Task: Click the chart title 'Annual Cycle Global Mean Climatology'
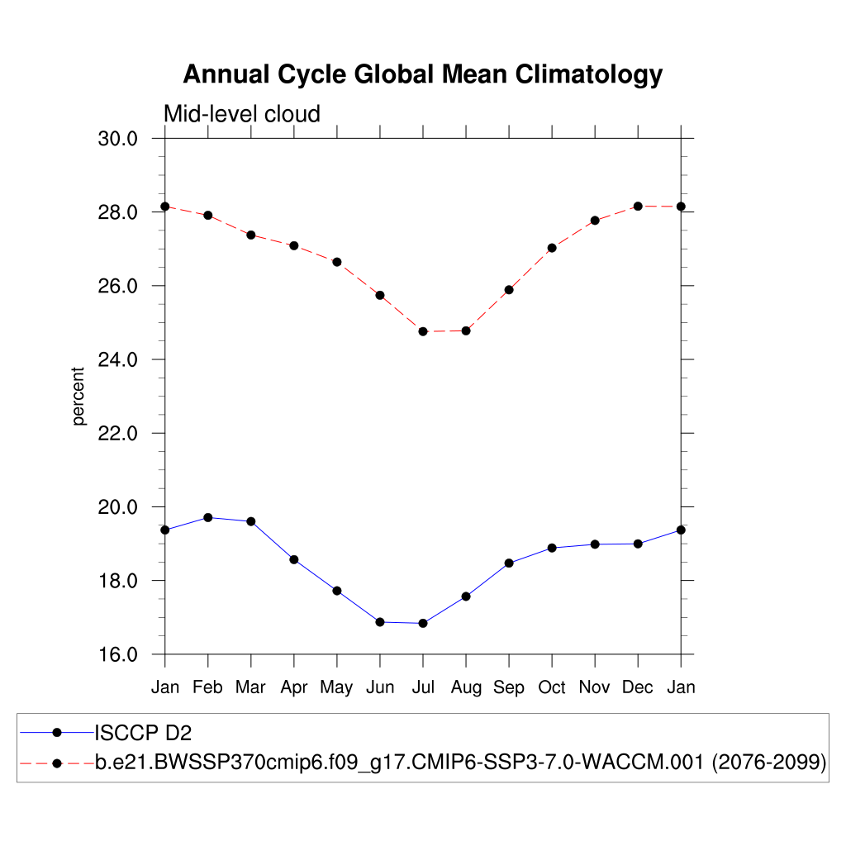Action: (x=422, y=74)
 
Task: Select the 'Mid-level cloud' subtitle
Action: (x=242, y=113)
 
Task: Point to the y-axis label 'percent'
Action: (x=79, y=397)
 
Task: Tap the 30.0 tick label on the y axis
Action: (x=117, y=139)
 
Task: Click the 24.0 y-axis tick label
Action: (x=117, y=360)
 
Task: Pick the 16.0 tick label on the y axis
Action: (x=117, y=654)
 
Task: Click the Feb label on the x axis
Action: (x=207, y=687)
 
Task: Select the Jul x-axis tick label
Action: (x=423, y=687)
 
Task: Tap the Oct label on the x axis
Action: (x=552, y=687)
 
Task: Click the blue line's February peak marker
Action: (x=208, y=518)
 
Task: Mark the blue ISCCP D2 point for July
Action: (x=423, y=624)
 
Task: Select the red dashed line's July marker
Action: (x=423, y=331)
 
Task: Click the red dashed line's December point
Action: (x=638, y=206)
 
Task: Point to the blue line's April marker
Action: (x=294, y=559)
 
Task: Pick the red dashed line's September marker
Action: (x=509, y=290)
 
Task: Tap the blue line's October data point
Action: (x=552, y=548)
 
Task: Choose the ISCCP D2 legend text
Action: (x=144, y=733)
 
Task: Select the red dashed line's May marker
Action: (x=337, y=262)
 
